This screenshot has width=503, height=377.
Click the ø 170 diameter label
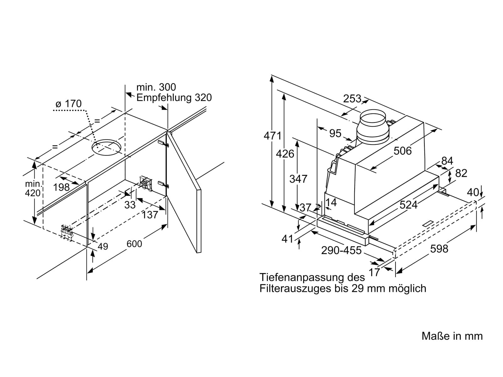click(x=69, y=104)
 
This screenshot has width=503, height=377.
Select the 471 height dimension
click(x=272, y=136)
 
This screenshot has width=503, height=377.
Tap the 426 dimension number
click(x=285, y=154)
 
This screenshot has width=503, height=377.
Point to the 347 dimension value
click(x=298, y=179)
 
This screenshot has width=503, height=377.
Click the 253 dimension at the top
click(x=352, y=99)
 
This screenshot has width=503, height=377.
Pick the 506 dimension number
click(x=403, y=151)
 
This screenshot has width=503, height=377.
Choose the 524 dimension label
click(x=408, y=205)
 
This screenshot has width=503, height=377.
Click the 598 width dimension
click(x=439, y=249)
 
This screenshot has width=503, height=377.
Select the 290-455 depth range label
click(x=341, y=250)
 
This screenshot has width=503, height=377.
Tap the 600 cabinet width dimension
click(x=134, y=244)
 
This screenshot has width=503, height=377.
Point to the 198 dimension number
click(x=61, y=188)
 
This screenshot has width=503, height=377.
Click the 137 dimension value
click(x=150, y=215)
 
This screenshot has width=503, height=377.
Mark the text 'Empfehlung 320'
click(x=174, y=97)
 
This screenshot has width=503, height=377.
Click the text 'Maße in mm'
click(x=452, y=336)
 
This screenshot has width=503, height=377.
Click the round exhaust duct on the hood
click(x=373, y=127)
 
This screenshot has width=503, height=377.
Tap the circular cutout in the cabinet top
click(x=107, y=147)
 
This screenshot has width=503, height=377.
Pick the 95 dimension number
click(x=335, y=133)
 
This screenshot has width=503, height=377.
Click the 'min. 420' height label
click(x=33, y=188)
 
